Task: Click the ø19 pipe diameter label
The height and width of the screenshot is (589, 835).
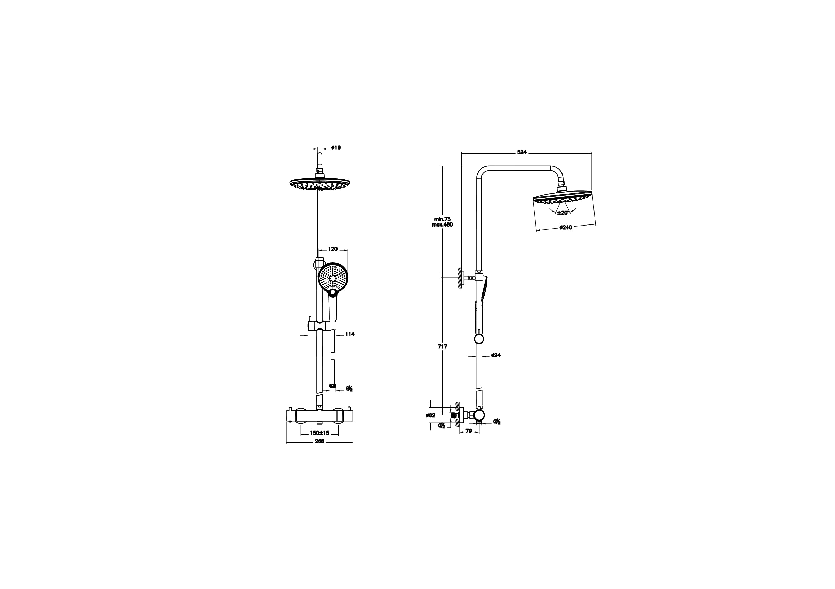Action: point(336,148)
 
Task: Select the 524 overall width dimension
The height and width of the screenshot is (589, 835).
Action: point(522,152)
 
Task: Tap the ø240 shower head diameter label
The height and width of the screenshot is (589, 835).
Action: point(566,228)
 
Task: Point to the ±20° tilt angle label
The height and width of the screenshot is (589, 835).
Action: point(563,213)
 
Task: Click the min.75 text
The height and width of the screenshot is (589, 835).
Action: point(442,219)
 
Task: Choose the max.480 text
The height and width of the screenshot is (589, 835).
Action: point(442,225)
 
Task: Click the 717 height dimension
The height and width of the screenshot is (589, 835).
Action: point(442,347)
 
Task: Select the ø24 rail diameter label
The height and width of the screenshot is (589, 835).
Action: point(496,355)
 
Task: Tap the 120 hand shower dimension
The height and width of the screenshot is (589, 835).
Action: point(333,249)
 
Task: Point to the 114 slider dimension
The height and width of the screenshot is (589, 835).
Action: point(350,334)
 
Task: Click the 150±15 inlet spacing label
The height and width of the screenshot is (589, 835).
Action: point(320,433)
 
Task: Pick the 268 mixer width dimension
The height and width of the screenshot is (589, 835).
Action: point(319,442)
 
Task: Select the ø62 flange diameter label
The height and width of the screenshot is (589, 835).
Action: point(430,416)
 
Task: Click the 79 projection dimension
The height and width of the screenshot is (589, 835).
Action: point(469,431)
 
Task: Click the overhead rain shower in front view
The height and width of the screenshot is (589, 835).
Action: point(320,183)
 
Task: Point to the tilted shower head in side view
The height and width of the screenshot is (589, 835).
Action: point(562,197)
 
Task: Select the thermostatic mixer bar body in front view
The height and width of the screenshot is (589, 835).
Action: point(320,416)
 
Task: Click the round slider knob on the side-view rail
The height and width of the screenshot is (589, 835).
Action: point(479,339)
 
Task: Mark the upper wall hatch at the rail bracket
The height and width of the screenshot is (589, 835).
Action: point(460,278)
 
